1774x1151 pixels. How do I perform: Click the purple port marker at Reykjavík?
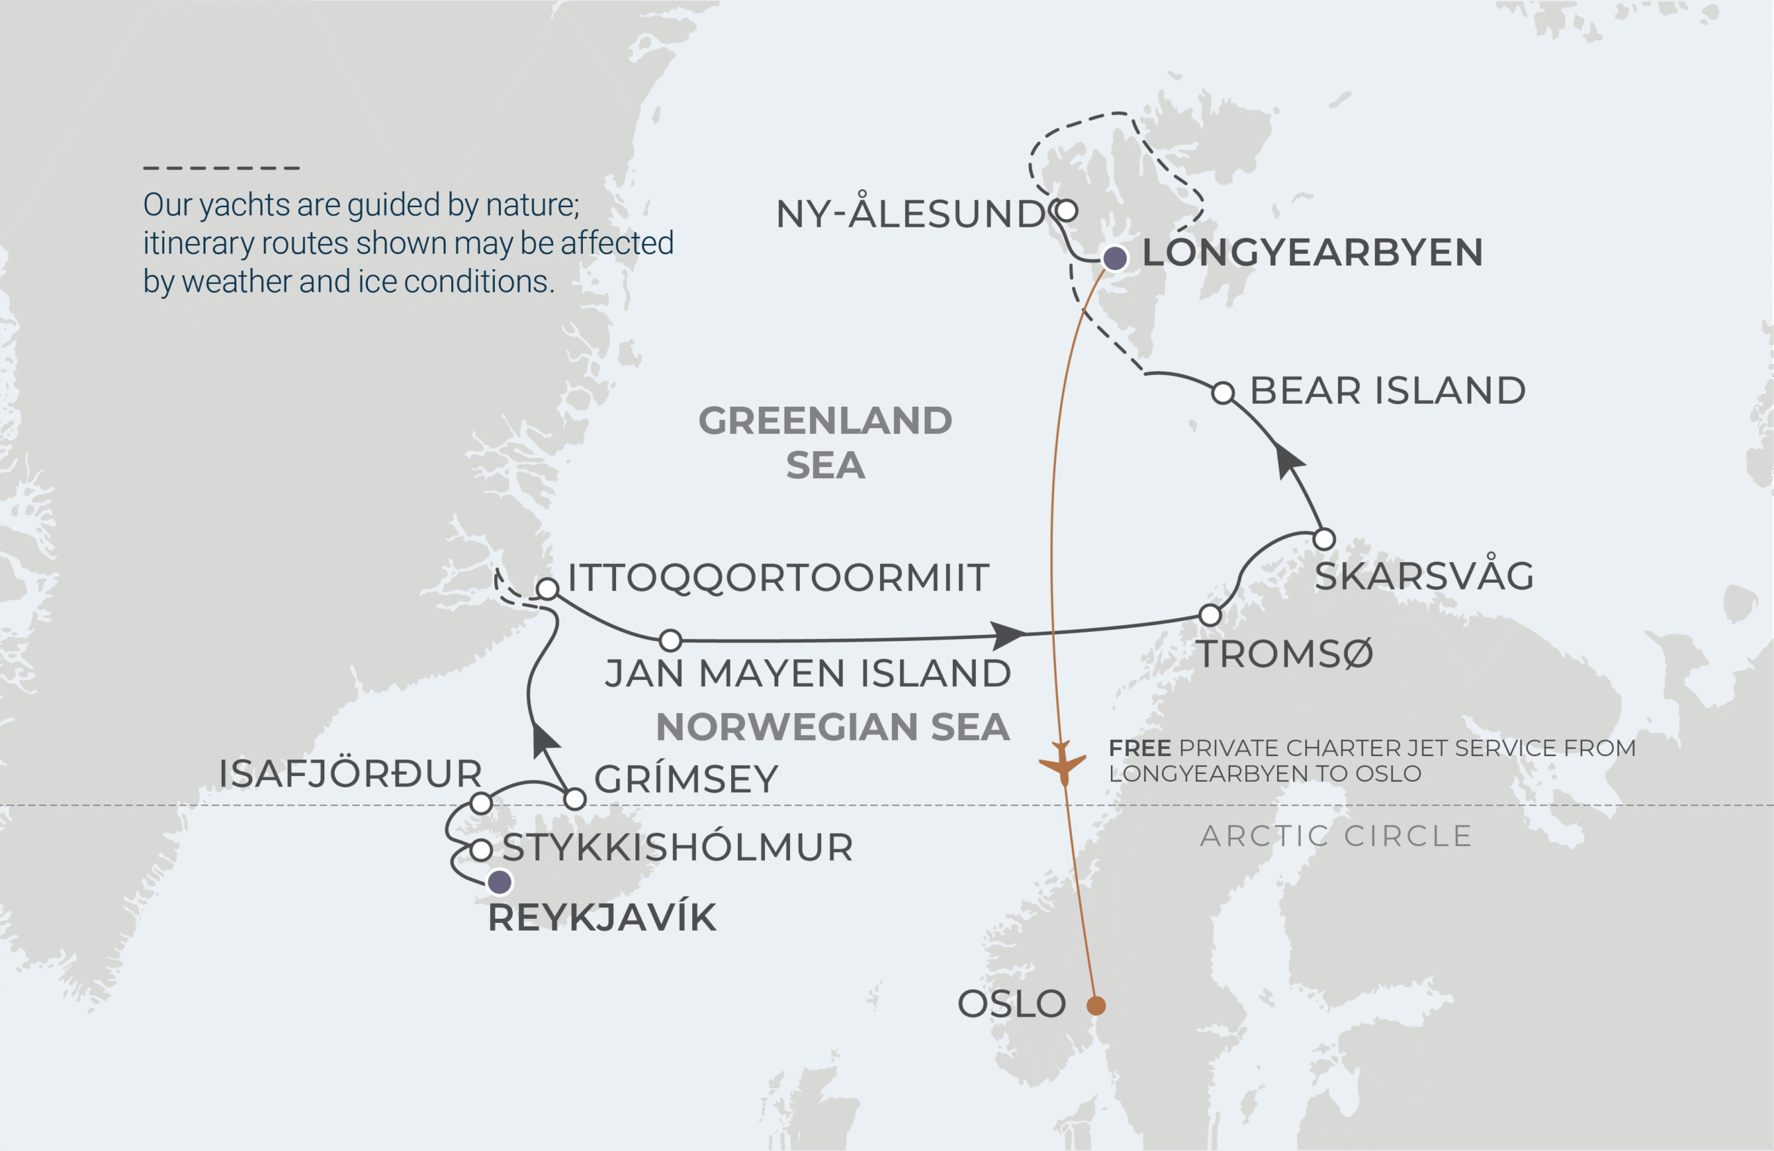(x=500, y=883)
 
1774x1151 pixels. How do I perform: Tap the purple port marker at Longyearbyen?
(x=1115, y=258)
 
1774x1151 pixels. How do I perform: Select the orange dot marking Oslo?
(x=1096, y=1005)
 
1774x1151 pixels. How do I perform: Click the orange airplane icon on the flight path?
(x=1063, y=764)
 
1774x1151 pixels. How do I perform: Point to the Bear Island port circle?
(x=1223, y=393)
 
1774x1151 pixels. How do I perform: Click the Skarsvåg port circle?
(x=1324, y=539)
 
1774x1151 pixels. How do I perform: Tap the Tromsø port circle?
(x=1211, y=615)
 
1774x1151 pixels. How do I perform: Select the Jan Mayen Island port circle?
(x=671, y=640)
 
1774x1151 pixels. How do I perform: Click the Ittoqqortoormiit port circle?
(x=548, y=589)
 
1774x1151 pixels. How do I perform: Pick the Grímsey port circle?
(x=574, y=799)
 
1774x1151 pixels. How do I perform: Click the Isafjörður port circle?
(x=482, y=804)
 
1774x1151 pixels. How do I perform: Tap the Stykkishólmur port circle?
(x=482, y=850)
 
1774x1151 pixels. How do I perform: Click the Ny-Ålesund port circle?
(x=1066, y=210)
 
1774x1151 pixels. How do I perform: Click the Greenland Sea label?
(x=825, y=442)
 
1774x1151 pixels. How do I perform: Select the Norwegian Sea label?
(x=832, y=727)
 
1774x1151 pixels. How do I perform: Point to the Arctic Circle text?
(x=1336, y=836)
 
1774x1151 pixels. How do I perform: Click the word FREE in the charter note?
(x=1139, y=748)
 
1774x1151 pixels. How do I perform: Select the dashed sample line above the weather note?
(x=221, y=168)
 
